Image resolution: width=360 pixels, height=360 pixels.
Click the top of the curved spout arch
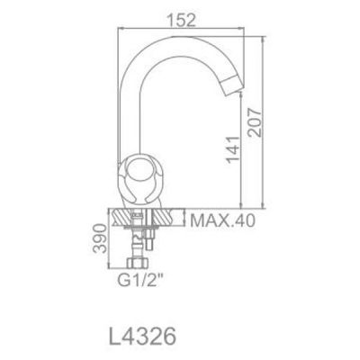(184, 43)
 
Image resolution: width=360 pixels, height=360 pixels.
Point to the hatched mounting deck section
(144, 218)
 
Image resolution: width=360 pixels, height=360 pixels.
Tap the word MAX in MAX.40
(206, 219)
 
